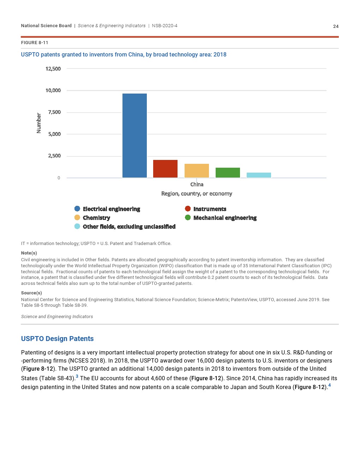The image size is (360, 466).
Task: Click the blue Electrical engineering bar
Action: (x=134, y=136)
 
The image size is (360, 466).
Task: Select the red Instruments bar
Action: (x=165, y=169)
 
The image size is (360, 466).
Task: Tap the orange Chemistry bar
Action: (x=197, y=171)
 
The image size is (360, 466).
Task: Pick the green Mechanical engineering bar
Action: (x=228, y=173)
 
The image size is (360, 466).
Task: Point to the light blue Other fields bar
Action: (x=259, y=175)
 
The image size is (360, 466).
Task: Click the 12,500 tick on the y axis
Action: (x=53, y=68)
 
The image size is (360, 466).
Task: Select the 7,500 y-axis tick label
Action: (x=54, y=112)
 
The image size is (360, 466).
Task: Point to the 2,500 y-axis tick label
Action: (x=54, y=156)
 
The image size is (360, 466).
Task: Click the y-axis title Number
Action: (x=39, y=123)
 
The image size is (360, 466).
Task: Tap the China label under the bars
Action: (x=197, y=184)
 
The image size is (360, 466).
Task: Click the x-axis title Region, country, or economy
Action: (x=197, y=193)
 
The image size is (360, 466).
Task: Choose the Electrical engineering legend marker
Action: (x=77, y=209)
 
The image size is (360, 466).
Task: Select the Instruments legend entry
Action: (x=210, y=209)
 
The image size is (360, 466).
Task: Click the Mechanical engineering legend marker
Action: (x=188, y=217)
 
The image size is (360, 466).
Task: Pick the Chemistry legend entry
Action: (x=96, y=218)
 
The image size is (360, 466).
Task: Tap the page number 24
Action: (x=336, y=26)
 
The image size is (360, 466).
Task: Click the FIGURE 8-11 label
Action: (x=35, y=43)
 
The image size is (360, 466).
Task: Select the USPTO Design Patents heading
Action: (x=57, y=339)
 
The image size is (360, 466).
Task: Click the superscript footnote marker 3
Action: (x=77, y=376)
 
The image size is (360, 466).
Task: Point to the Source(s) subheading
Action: (x=31, y=293)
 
